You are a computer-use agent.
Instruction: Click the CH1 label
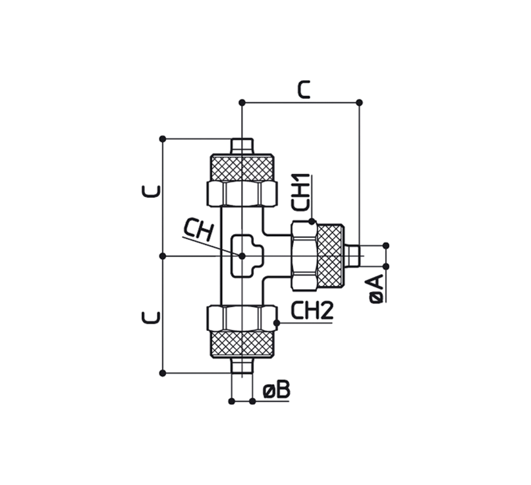point(300,192)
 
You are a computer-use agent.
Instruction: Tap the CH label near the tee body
point(198,229)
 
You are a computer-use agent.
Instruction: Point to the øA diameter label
point(377,289)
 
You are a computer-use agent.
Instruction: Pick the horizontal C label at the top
point(304,90)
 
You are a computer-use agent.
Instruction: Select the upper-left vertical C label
point(151,191)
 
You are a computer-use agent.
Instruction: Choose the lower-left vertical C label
point(151,318)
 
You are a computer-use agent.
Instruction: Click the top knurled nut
point(242,168)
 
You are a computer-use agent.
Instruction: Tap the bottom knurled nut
point(242,344)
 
